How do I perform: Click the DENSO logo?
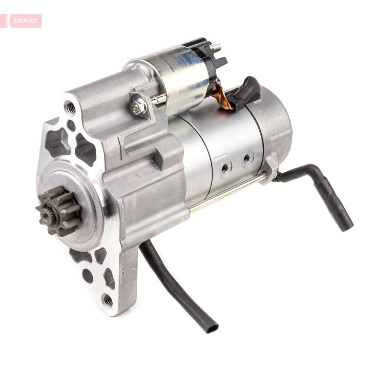(24, 20)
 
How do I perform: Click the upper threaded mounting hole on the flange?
(71, 108)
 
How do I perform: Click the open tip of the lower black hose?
(210, 327)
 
